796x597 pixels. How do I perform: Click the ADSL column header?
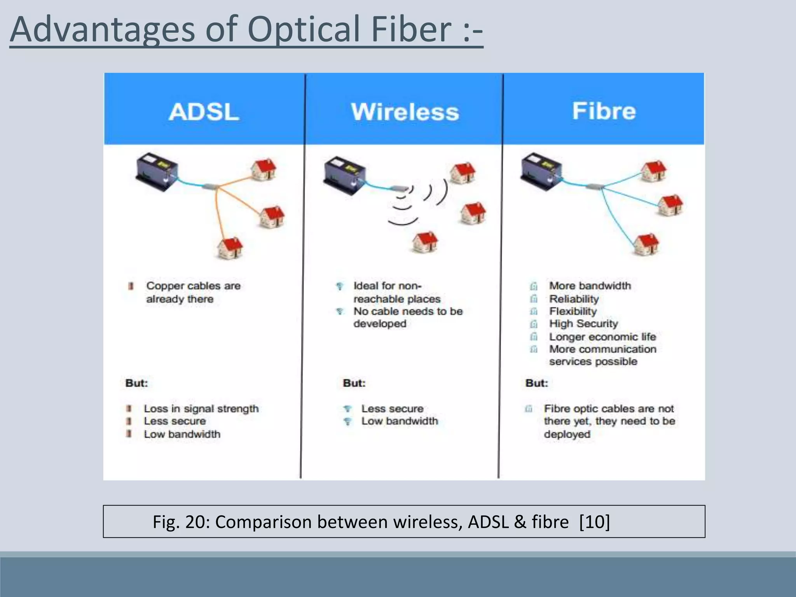(204, 112)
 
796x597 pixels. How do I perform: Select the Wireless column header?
(405, 112)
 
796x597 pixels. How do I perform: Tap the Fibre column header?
(604, 111)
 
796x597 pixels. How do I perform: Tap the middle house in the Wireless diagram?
(473, 213)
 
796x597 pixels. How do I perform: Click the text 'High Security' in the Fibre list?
(583, 324)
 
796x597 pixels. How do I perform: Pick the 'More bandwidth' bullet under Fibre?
(590, 286)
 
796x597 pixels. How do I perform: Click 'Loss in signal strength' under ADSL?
(201, 409)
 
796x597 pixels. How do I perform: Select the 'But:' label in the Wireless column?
(354, 383)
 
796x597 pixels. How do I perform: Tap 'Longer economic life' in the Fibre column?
(602, 337)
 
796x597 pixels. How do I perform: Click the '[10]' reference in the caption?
(594, 522)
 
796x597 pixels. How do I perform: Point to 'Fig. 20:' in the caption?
(181, 522)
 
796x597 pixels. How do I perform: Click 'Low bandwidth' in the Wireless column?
(400, 421)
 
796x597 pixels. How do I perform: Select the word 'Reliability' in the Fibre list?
(574, 299)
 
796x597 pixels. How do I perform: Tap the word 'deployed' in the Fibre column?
(567, 434)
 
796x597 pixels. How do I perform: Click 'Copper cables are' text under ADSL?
(193, 286)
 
